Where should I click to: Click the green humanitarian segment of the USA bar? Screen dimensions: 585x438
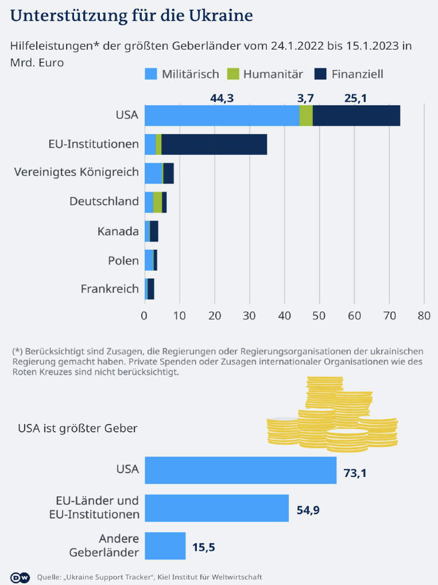tap(306, 115)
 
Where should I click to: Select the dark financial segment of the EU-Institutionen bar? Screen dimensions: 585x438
tap(214, 145)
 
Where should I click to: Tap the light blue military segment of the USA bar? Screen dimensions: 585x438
tap(222, 115)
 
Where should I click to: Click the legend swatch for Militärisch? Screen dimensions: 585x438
tap(151, 74)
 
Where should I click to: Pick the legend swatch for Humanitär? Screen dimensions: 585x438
tap(233, 74)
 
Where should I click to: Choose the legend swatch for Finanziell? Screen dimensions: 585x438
tap(321, 74)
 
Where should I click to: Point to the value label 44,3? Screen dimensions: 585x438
tap(222, 98)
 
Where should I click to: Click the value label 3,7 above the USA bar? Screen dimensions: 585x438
tap(306, 98)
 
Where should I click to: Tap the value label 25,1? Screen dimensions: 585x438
tap(355, 98)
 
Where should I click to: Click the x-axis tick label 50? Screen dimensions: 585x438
tap(319, 315)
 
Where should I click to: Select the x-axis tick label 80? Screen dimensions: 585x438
tap(424, 315)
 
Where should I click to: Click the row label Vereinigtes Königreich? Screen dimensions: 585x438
tap(76, 171)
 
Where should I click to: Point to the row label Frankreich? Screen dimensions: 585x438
tap(109, 289)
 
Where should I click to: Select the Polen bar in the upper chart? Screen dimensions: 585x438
tap(151, 261)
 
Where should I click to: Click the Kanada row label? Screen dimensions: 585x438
tap(118, 231)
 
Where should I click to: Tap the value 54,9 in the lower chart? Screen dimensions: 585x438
tap(308, 510)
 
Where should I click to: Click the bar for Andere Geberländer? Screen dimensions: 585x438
tap(165, 546)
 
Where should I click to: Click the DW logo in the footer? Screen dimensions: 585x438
tap(20, 576)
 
